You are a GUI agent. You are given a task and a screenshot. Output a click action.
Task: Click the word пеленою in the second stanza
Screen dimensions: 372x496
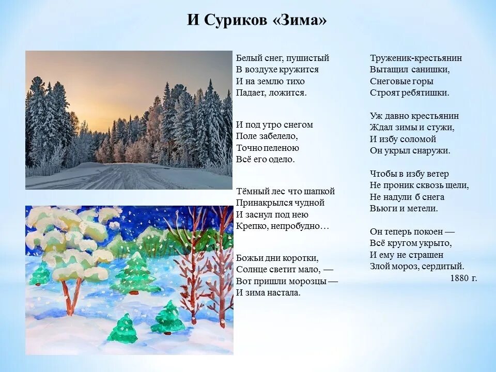(x=282, y=148)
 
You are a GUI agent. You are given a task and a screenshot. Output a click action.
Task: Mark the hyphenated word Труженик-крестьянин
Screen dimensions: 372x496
(x=416, y=58)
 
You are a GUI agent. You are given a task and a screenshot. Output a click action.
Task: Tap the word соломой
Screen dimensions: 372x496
(x=418, y=139)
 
